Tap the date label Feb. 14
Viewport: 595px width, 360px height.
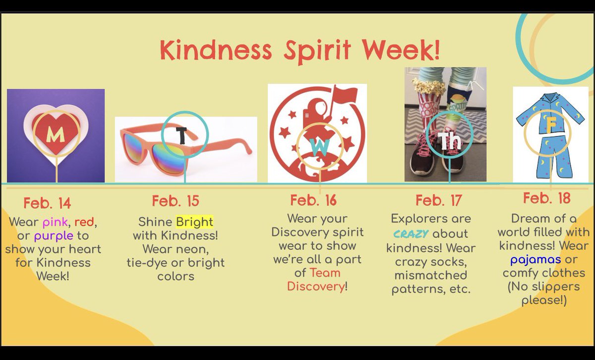click(x=47, y=203)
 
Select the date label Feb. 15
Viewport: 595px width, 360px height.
click(x=176, y=201)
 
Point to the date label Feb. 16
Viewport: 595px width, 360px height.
click(x=313, y=200)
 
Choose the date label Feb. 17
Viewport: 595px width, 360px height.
click(x=438, y=200)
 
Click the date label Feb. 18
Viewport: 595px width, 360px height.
click(x=546, y=198)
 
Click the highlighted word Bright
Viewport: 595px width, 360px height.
click(x=194, y=221)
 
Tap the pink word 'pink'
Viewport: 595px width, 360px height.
click(x=56, y=222)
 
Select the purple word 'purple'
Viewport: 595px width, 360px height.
click(x=54, y=236)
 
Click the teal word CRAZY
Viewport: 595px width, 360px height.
click(x=411, y=234)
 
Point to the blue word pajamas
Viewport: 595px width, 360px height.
click(x=536, y=259)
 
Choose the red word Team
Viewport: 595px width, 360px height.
click(x=325, y=272)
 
